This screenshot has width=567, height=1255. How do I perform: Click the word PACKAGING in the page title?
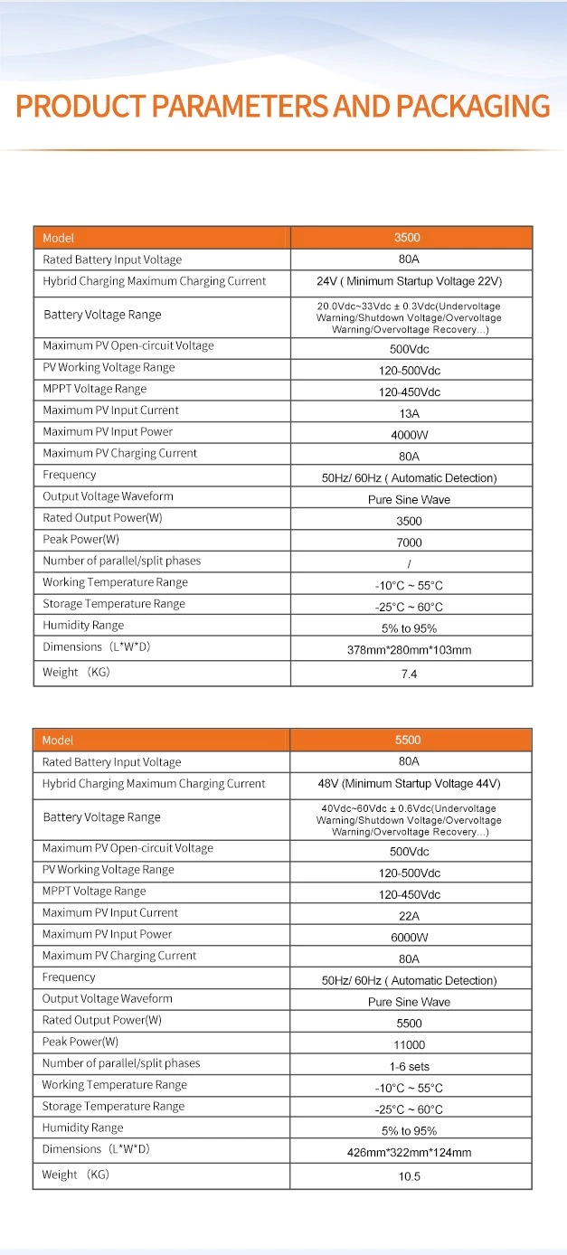(469, 106)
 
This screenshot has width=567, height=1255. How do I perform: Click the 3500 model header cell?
(408, 238)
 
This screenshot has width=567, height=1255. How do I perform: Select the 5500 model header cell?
(408, 741)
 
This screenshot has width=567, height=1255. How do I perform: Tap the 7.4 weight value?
(409, 675)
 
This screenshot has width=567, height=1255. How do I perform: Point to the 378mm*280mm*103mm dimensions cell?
(410, 650)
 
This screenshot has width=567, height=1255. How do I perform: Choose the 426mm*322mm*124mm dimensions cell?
(410, 1153)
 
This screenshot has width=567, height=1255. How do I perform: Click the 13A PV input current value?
(410, 414)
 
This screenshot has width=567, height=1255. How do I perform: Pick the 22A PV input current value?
(409, 916)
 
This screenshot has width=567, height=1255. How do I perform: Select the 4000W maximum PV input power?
(410, 435)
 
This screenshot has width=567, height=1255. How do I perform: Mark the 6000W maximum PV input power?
(410, 938)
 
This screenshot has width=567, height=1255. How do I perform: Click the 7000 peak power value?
(410, 543)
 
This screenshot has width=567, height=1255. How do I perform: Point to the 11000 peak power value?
(410, 1045)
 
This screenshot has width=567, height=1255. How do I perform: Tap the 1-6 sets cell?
(410, 1067)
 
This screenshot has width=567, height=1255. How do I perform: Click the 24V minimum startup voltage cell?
(409, 281)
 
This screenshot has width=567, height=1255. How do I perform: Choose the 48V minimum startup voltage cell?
(409, 784)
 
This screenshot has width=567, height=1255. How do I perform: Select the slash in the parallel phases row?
(410, 564)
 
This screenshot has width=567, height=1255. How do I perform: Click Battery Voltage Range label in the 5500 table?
(102, 817)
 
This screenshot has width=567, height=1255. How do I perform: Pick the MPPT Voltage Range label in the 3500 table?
(95, 389)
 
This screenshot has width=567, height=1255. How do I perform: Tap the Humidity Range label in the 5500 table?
(83, 1128)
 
